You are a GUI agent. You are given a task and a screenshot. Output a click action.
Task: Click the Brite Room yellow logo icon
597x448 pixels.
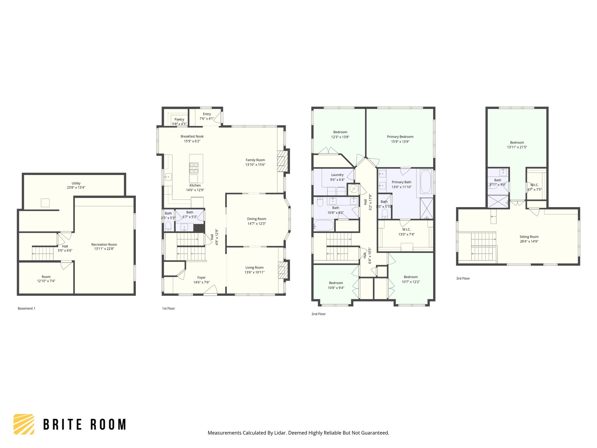coord(24,424)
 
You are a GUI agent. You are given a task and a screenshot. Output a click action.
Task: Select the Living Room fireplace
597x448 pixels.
coord(281,270)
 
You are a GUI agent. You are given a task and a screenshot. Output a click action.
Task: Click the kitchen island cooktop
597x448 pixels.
coord(194,168)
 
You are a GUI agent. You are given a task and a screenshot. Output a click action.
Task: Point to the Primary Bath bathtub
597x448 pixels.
coord(426,182)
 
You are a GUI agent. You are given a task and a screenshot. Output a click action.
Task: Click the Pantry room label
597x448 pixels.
coord(179,119)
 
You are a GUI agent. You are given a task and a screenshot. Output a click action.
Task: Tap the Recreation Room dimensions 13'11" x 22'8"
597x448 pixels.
coord(104,249)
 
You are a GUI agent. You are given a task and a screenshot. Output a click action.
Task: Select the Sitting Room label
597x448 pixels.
coord(529,237)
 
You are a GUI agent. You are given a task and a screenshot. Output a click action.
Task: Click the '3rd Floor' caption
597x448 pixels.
coord(463,278)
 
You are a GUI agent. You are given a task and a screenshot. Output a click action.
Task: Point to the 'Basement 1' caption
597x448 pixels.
coord(27,308)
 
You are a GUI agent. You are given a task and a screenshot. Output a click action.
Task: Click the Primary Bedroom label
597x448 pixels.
coord(400,136)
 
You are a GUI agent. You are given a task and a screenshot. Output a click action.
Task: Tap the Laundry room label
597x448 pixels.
coord(337,175)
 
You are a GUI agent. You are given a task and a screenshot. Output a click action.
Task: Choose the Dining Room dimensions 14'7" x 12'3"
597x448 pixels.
coord(257,224)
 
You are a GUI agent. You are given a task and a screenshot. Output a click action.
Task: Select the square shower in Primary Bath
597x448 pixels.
coord(426,208)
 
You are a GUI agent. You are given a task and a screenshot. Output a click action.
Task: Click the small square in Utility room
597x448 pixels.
coord(45,203)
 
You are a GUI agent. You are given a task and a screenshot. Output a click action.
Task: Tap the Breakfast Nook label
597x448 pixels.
coord(192,136)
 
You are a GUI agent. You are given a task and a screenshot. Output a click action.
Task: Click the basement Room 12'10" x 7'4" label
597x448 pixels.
coord(46,277)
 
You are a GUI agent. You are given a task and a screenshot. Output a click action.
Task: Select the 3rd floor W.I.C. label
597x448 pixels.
coord(534,185)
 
